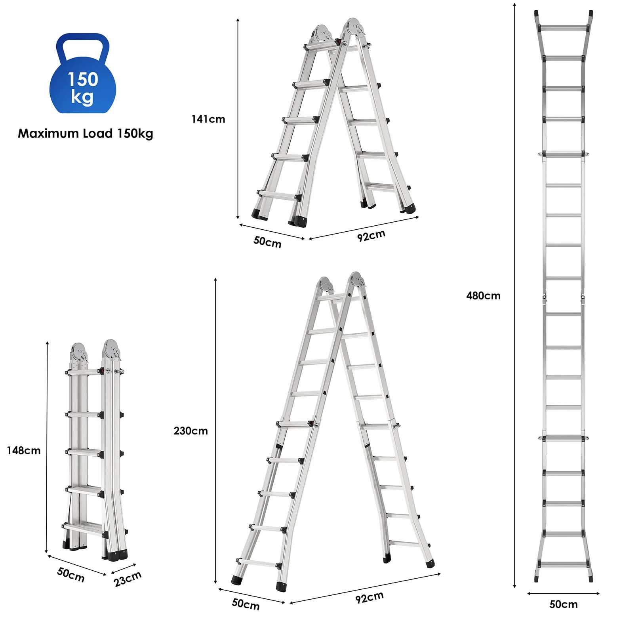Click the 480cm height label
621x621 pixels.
click(x=483, y=296)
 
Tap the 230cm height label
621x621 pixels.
click(x=190, y=431)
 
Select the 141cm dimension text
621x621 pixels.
click(x=208, y=119)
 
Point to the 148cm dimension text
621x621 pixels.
click(x=24, y=450)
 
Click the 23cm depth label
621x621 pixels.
click(x=128, y=579)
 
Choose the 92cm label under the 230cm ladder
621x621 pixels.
click(x=370, y=597)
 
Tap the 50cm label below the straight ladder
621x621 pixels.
click(x=563, y=604)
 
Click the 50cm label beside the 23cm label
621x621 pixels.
click(x=71, y=575)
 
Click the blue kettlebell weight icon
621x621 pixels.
click(x=83, y=73)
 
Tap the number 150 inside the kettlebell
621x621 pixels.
click(x=83, y=79)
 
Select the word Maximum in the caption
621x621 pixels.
click(x=49, y=133)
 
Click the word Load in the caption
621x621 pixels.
click(x=98, y=133)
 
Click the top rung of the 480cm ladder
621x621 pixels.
click(x=564, y=28)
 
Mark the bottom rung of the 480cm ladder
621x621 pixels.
click(x=564, y=564)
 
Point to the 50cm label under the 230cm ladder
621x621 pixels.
click(x=246, y=604)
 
